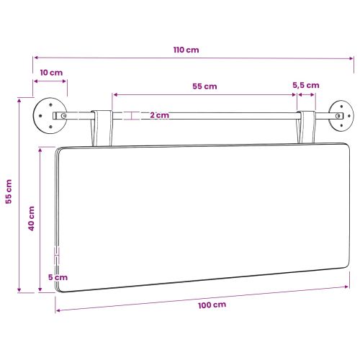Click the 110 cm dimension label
point(186,50)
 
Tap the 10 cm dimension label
point(51,73)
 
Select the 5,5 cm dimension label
point(306,86)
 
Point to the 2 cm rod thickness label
point(160,115)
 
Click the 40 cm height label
point(32,218)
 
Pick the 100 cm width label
point(212,305)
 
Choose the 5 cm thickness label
point(58,277)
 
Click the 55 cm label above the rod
point(204,86)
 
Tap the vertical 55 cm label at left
point(9,192)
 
